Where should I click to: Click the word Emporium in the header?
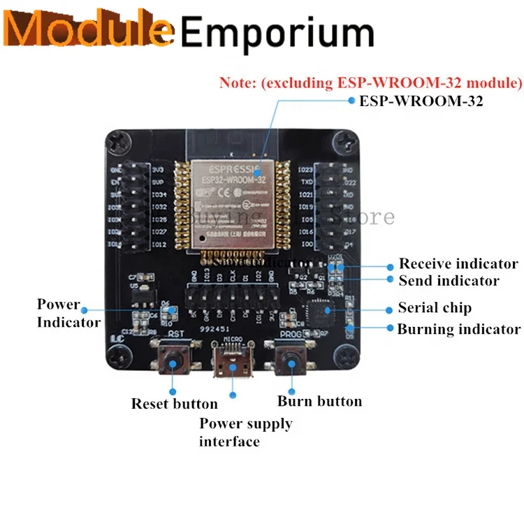[x=278, y=33]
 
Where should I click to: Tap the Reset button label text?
[x=174, y=404]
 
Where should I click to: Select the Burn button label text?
[x=319, y=401]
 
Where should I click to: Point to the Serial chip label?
[x=435, y=307]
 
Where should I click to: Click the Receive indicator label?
[x=458, y=264]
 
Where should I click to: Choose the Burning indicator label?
[x=458, y=329]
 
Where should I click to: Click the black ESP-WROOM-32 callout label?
[x=421, y=101]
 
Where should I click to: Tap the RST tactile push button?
[x=173, y=361]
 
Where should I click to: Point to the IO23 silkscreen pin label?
[x=305, y=169]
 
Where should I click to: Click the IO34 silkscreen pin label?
[x=159, y=194]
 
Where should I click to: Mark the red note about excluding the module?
[x=370, y=83]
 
